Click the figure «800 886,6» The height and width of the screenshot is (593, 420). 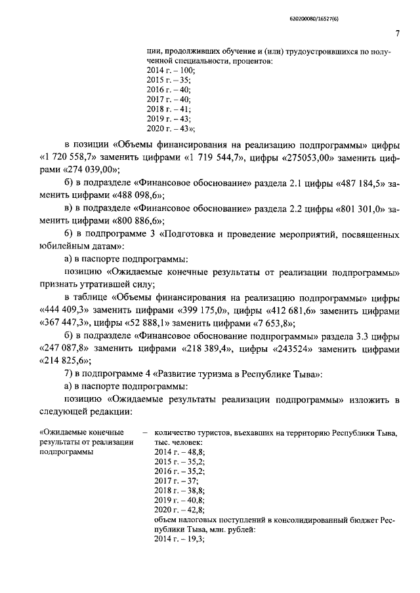point(136,221)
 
